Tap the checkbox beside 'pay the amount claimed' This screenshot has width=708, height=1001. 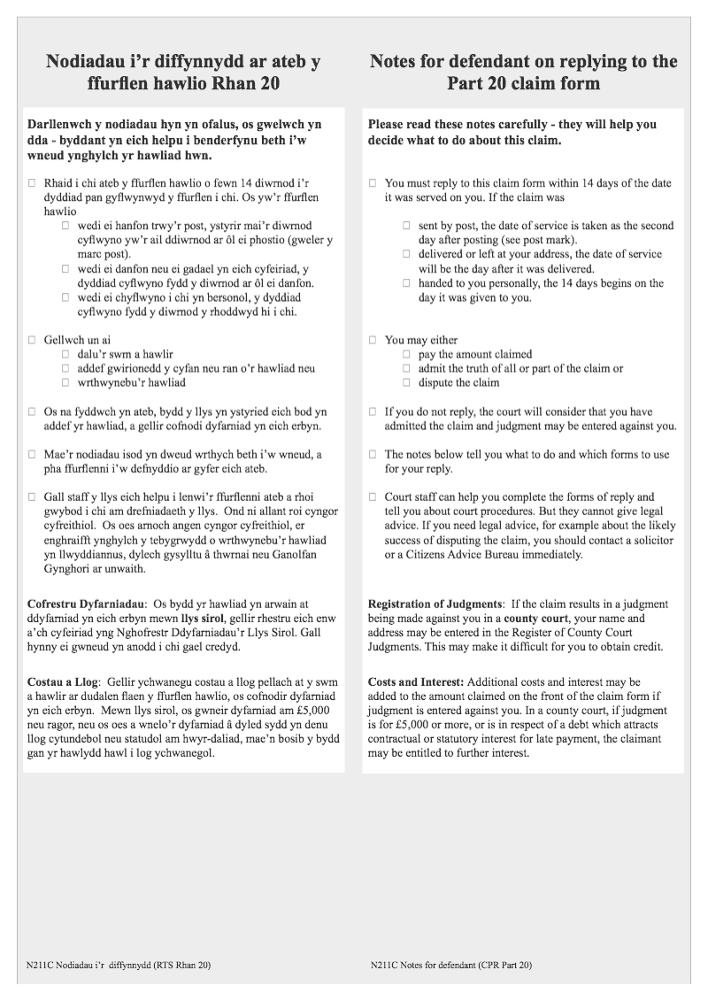click(407, 354)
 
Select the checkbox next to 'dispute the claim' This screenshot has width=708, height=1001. click(407, 383)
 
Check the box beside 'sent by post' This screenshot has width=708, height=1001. click(407, 226)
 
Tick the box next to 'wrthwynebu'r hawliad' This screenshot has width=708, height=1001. click(65, 383)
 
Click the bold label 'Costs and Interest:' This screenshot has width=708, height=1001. click(415, 682)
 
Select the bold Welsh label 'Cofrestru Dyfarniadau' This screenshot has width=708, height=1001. click(84, 604)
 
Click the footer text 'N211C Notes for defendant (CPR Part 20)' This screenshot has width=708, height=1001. click(451, 965)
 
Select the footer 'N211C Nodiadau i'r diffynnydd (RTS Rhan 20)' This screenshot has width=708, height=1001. click(119, 965)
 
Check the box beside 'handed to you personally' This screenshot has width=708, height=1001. click(407, 283)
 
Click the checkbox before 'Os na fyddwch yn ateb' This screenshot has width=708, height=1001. click(32, 412)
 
